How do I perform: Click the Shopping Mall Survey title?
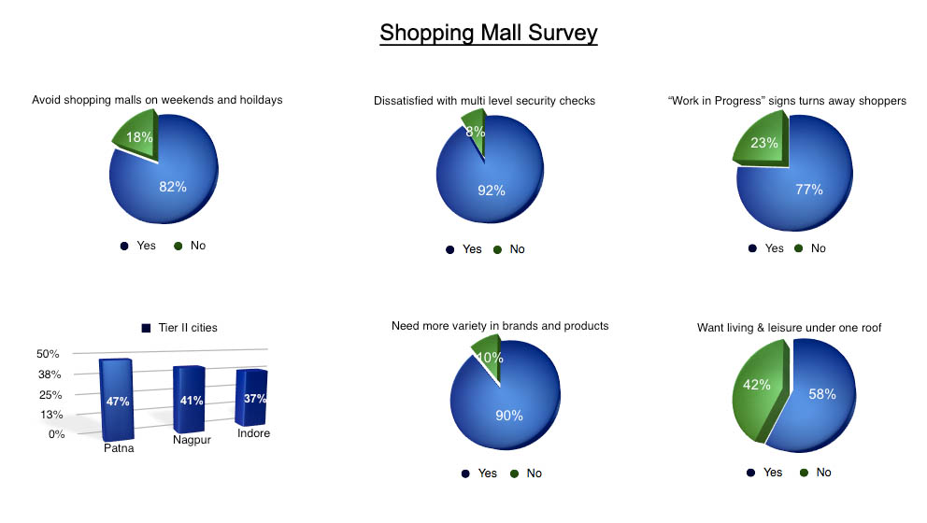(x=489, y=33)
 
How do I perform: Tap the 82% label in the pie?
(x=173, y=187)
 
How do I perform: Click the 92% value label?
(x=492, y=191)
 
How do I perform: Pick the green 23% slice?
(x=763, y=142)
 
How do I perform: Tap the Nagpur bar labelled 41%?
(x=189, y=399)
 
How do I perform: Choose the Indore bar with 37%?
(x=252, y=397)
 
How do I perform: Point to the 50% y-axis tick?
(x=48, y=354)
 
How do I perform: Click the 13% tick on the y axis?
(x=51, y=415)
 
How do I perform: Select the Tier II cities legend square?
(x=146, y=328)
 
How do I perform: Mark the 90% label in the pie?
(x=509, y=416)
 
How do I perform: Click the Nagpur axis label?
(x=192, y=440)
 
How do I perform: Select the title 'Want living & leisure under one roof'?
(x=789, y=328)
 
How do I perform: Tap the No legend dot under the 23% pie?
(x=799, y=248)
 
